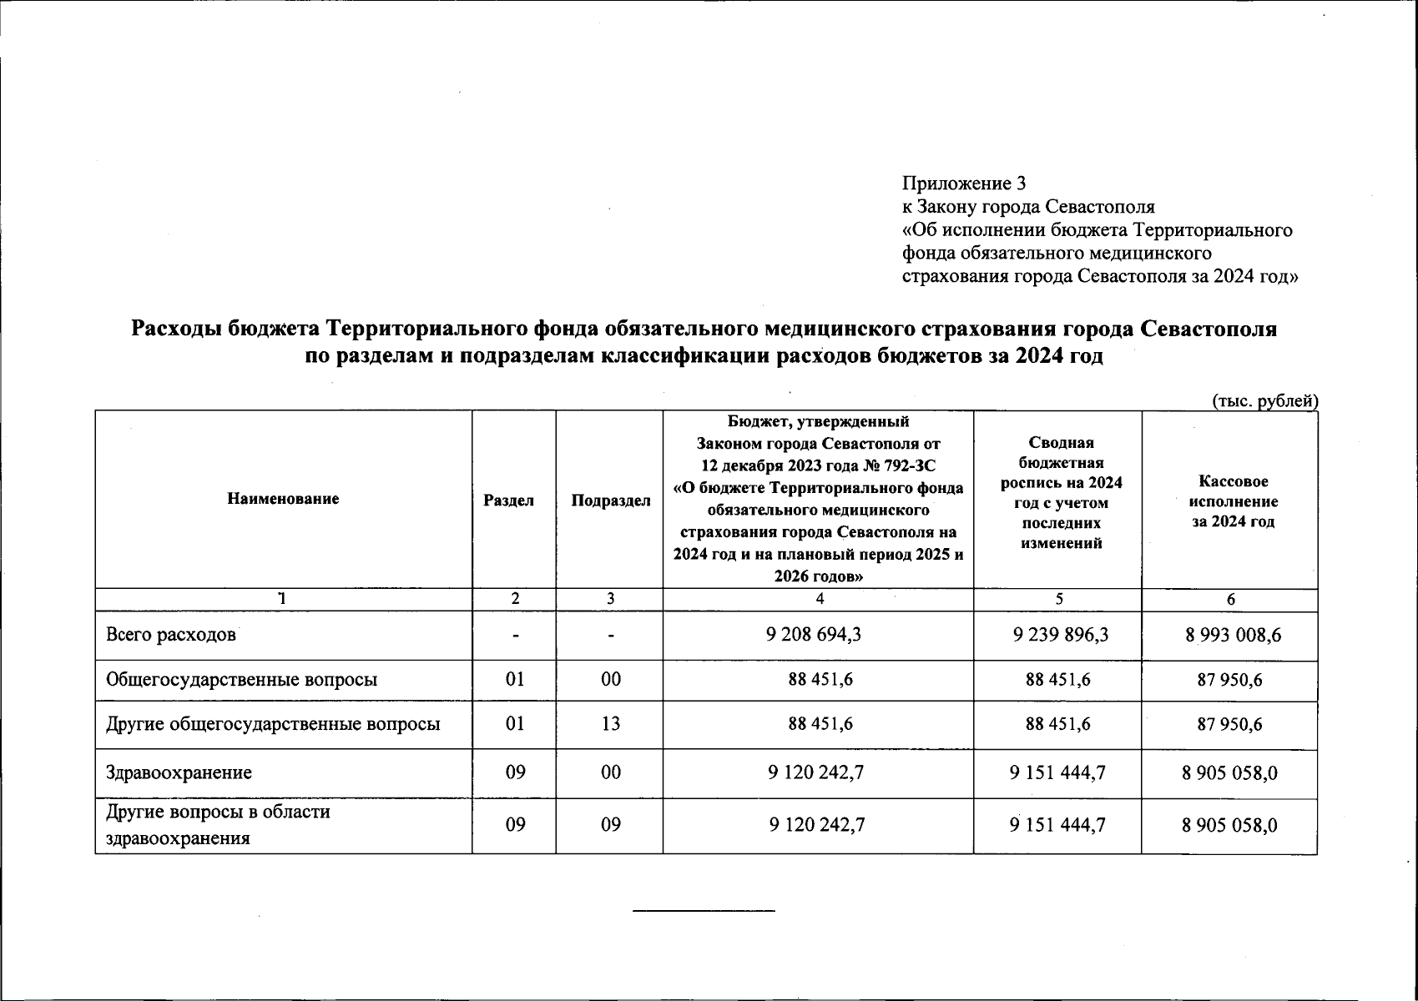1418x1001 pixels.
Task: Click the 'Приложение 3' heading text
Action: [x=964, y=184]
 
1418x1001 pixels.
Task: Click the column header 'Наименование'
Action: [x=283, y=499]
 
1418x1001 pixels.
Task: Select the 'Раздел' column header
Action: [x=508, y=500]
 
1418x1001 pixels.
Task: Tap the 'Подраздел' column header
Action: [x=610, y=500]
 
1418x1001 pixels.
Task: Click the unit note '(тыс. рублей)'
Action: [x=1264, y=401]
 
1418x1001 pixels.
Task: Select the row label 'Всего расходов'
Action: [x=171, y=635]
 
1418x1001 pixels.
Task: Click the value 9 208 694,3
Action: [x=814, y=635]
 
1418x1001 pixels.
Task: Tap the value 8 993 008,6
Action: [x=1233, y=636]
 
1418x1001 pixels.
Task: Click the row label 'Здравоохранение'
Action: [x=179, y=772]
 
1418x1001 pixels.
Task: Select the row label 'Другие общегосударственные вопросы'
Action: [x=273, y=723]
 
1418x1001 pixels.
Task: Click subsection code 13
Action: [x=611, y=723]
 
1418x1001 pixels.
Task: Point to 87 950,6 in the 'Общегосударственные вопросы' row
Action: [x=1229, y=680]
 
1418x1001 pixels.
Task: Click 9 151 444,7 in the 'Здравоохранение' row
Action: [x=1057, y=773]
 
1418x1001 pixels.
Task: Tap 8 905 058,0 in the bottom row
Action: [x=1229, y=825]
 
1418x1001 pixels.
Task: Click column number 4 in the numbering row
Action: [x=820, y=599]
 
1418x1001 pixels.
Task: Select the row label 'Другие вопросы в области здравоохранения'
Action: [x=217, y=825]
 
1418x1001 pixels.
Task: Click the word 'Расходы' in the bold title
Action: [x=176, y=329]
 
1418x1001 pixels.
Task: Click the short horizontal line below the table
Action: [x=704, y=910]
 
